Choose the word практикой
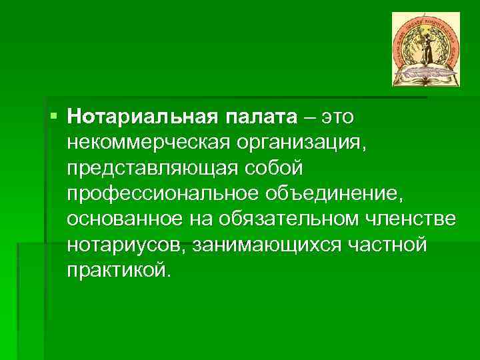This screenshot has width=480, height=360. coord(118,270)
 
